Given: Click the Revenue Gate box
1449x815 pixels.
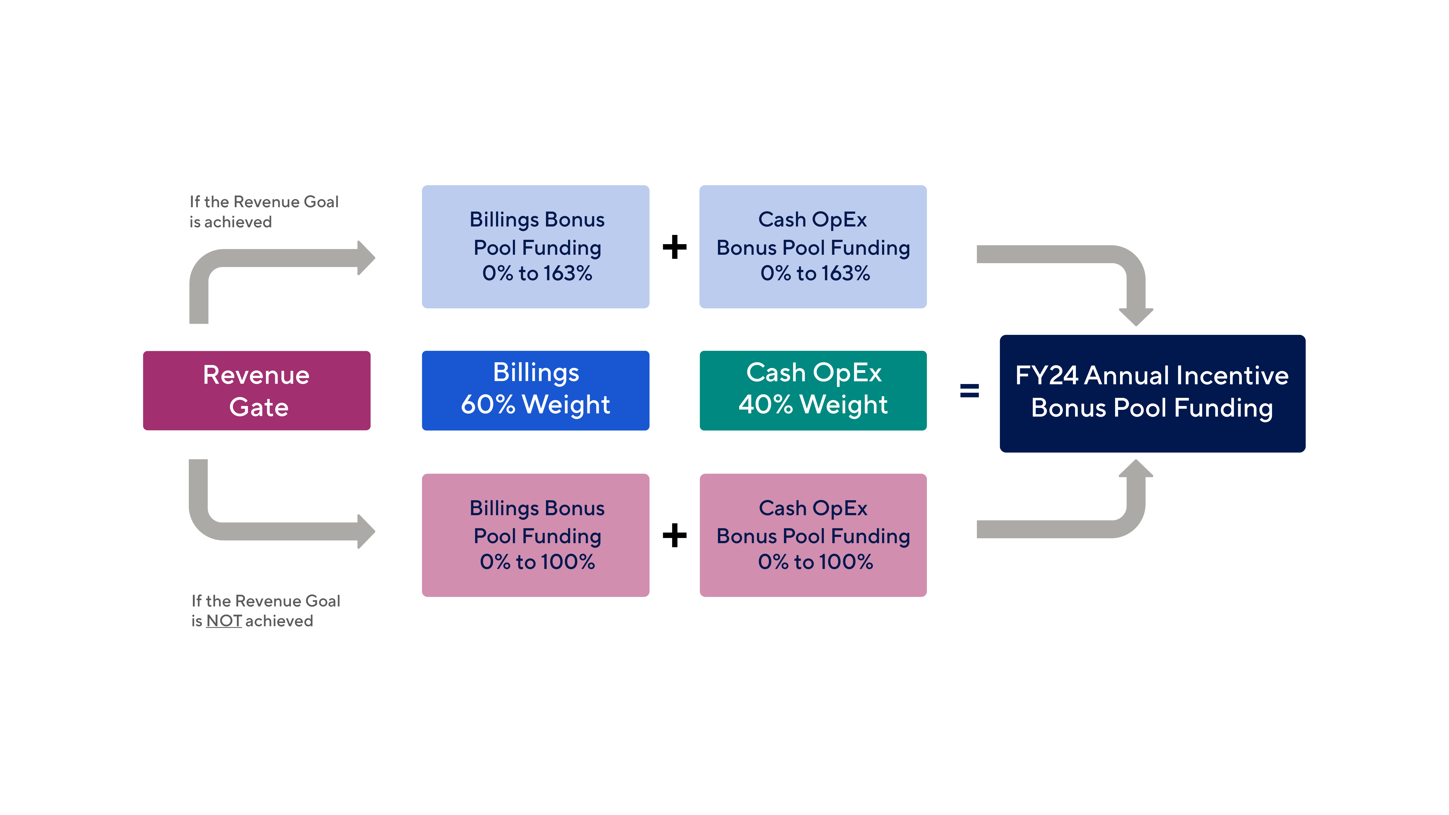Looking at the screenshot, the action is click(x=256, y=390).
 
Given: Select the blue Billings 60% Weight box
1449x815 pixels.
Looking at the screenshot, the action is click(x=535, y=390).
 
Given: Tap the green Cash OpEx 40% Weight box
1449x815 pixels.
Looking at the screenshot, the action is click(x=813, y=390).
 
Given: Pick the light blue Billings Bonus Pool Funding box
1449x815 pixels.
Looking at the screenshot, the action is click(x=535, y=246).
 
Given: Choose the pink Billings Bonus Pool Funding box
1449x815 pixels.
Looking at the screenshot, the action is click(x=535, y=535).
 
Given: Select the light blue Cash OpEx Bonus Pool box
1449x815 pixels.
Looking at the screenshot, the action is click(x=813, y=246).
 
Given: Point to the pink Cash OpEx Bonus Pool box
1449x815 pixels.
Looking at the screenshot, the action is click(x=813, y=535).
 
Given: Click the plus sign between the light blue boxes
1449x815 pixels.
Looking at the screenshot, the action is click(x=675, y=247).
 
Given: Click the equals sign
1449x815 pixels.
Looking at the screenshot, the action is click(x=969, y=390).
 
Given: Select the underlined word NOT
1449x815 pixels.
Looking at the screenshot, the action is click(x=224, y=621).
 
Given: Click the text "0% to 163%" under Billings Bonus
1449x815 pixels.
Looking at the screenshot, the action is click(x=537, y=273).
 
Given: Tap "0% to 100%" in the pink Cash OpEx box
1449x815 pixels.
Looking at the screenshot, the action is click(x=815, y=562).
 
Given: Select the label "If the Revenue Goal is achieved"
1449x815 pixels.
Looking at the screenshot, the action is click(x=264, y=212).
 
